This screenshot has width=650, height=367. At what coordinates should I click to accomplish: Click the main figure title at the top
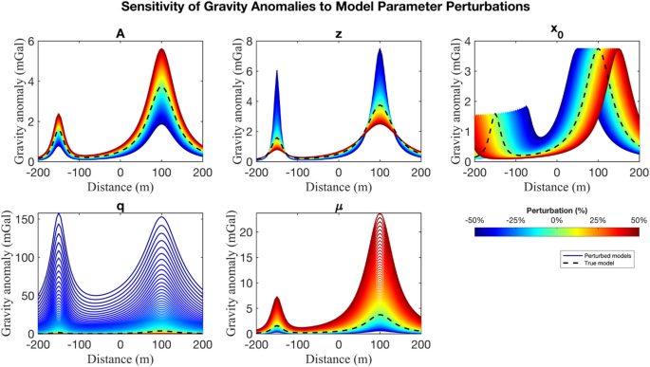(x=325, y=9)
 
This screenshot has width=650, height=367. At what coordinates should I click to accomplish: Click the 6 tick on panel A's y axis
(x=32, y=43)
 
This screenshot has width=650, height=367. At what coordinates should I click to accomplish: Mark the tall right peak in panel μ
(x=381, y=215)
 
